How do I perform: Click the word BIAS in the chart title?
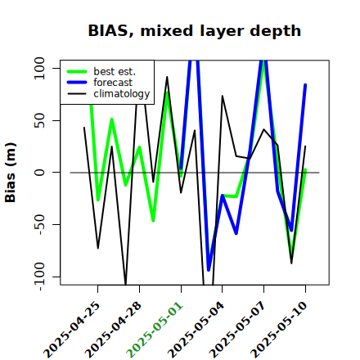(x=108, y=30)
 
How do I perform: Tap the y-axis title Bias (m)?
(x=11, y=173)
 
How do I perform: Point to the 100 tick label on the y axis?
(x=39, y=68)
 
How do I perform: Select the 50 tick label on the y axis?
(x=39, y=120)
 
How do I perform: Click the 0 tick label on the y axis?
(x=39, y=173)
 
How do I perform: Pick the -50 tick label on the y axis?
(x=39, y=224)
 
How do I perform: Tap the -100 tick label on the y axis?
(x=39, y=277)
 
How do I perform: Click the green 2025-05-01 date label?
(x=155, y=330)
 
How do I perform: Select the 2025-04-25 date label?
(x=72, y=330)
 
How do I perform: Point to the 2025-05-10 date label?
(x=279, y=330)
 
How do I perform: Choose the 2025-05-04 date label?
(x=196, y=330)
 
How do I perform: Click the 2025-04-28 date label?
(x=113, y=330)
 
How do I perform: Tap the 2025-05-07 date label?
(x=238, y=330)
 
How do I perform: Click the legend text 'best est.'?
(x=115, y=71)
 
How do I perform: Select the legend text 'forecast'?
(x=113, y=83)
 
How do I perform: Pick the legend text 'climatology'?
(x=122, y=94)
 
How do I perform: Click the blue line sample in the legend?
(x=77, y=83)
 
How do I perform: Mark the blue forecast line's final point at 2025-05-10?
(x=305, y=85)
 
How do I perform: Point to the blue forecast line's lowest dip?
(x=209, y=270)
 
